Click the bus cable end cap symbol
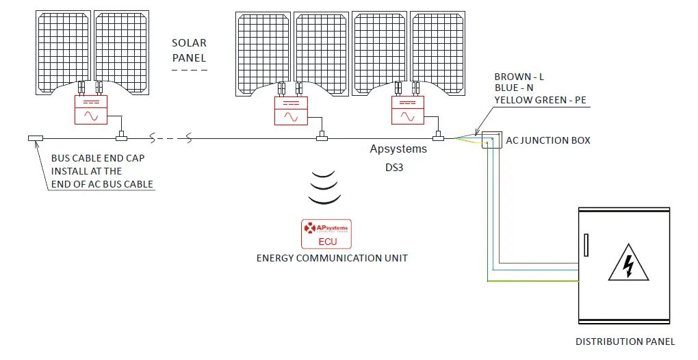point(35,139)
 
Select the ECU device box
point(325,233)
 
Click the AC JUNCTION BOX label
point(547,140)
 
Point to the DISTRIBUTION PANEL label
point(625,341)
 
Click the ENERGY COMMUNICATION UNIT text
point(332,258)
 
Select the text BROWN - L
point(519,77)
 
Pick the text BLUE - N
point(515,88)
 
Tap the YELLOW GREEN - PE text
point(540,100)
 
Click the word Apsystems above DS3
point(398,149)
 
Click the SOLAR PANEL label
point(189,50)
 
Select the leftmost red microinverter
point(91,110)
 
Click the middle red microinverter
point(292,110)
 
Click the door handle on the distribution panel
point(586,244)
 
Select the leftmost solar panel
point(63,51)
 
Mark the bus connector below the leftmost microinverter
point(121,138)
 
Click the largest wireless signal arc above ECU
point(324,200)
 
